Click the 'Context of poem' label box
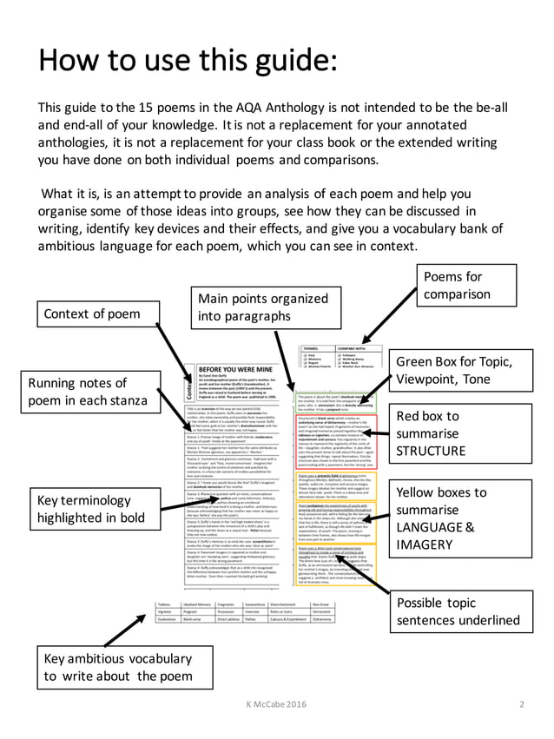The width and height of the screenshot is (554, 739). [x=99, y=313]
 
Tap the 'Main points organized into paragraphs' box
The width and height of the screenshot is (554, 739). [x=256, y=307]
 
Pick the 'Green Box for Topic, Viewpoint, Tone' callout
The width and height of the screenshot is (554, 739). [x=466, y=371]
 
